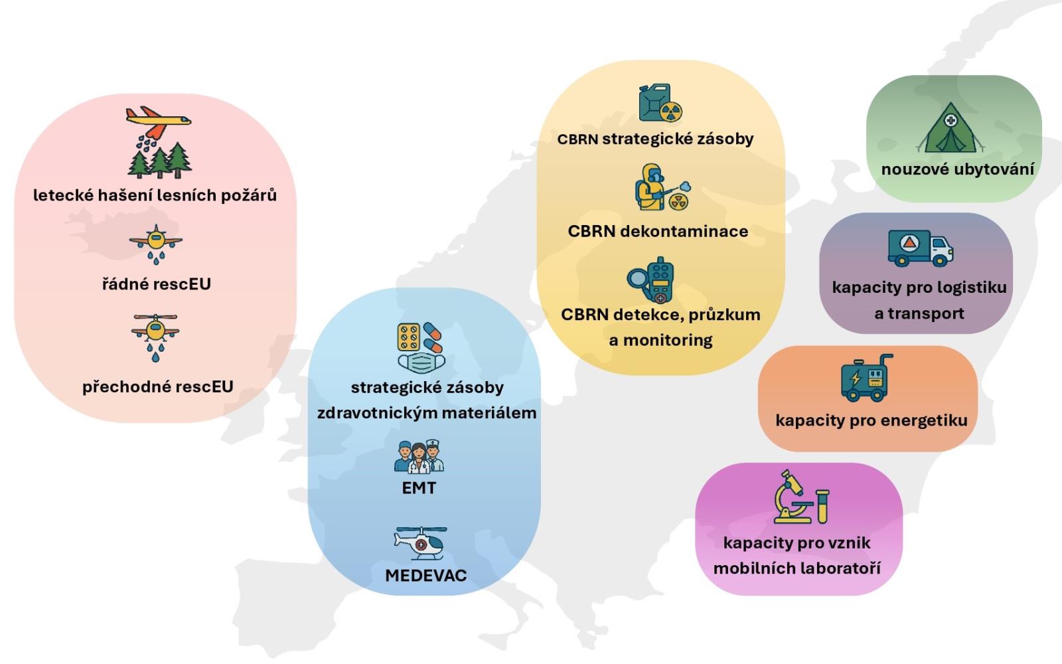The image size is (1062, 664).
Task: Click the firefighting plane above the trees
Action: click(x=159, y=119)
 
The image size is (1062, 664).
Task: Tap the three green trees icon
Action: click(x=159, y=160)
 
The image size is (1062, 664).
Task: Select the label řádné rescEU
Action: click(x=156, y=284)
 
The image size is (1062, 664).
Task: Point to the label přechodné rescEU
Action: click(x=158, y=386)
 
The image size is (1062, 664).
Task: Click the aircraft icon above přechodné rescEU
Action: click(x=155, y=332)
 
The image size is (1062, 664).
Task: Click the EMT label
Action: click(x=419, y=488)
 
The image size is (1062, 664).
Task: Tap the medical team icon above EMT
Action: click(x=419, y=457)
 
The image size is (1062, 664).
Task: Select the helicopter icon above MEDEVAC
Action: click(x=419, y=542)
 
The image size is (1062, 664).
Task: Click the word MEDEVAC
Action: click(x=425, y=575)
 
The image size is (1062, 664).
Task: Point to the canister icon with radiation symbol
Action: click(x=660, y=104)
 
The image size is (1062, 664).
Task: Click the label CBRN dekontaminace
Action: click(x=658, y=231)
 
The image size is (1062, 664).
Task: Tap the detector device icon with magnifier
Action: click(x=652, y=280)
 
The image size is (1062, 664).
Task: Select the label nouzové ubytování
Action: click(x=957, y=169)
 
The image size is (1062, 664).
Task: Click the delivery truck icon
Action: click(x=920, y=248)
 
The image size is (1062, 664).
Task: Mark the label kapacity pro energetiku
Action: click(x=871, y=420)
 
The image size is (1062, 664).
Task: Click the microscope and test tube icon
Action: click(x=801, y=498)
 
